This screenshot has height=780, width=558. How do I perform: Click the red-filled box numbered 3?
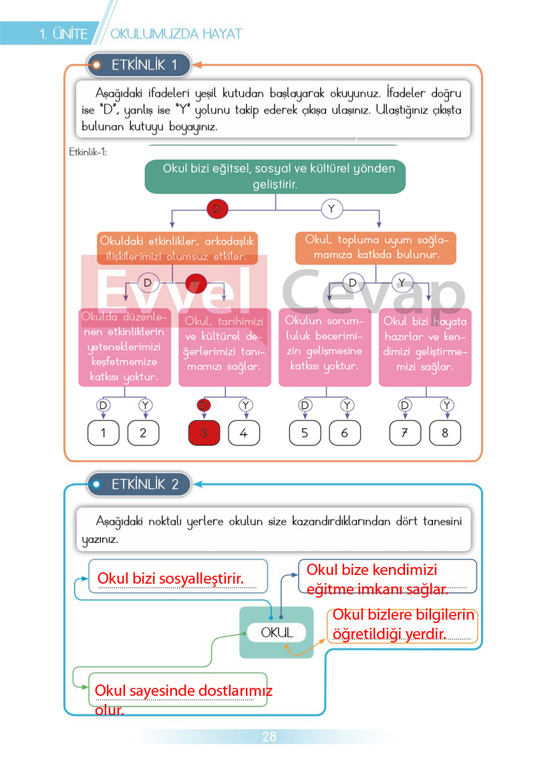[x=204, y=433]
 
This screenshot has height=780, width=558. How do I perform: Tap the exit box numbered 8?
[x=444, y=433]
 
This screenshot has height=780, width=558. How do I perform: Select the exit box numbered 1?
[x=104, y=433]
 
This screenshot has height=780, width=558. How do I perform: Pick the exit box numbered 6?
[x=344, y=433]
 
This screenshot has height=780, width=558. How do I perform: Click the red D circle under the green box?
[x=217, y=209]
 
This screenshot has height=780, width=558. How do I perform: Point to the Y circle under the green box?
[x=331, y=209]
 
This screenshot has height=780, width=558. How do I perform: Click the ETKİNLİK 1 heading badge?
[x=139, y=65]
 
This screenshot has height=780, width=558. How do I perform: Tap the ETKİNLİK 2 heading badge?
[x=139, y=485]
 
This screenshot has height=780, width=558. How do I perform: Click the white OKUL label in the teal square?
[x=277, y=633]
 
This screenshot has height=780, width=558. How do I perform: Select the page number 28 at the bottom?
[x=269, y=737]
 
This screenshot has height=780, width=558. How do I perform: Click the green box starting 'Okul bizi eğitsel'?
[x=275, y=176]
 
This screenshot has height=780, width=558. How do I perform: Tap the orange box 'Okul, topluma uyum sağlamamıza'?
[x=376, y=248]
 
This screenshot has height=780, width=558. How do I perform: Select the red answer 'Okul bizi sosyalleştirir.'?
[x=170, y=578]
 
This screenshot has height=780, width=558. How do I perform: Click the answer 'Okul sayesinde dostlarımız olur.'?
[x=183, y=700]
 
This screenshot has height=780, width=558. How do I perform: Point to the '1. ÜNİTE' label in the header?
[x=63, y=34]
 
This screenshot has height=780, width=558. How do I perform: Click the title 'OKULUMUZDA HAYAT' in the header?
[x=176, y=34]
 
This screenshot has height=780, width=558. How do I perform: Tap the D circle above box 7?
[x=405, y=405]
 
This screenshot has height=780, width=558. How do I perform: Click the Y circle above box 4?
[x=245, y=405]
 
